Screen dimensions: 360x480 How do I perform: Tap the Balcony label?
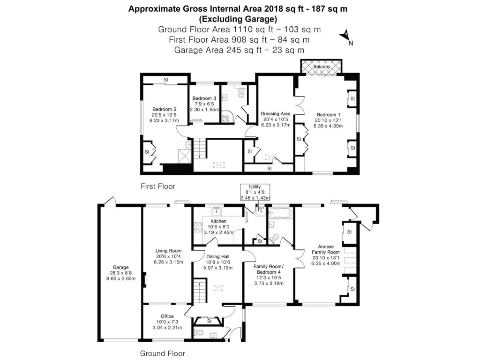pos(322,67)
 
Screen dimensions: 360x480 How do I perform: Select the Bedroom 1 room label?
pos(326,115)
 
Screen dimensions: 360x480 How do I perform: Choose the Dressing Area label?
pos(276,113)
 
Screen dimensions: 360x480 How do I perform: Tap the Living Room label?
pos(168,251)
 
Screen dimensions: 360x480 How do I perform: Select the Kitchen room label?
pos(218,221)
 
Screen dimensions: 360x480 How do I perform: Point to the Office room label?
pos(167,316)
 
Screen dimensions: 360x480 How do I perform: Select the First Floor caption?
pos(158,186)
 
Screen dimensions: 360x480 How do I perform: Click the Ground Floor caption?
pos(163,353)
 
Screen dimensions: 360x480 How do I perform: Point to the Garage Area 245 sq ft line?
pos(240,50)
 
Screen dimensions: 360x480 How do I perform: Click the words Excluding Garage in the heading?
pos(238,19)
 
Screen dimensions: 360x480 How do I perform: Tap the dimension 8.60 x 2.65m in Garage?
pos(120,279)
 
